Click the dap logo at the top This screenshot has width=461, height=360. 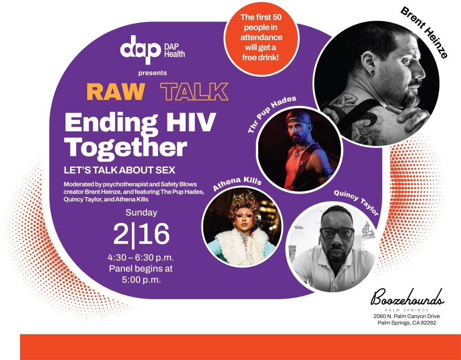point(140,49)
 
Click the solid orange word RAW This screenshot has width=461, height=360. point(116,92)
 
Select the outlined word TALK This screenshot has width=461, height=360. point(195,92)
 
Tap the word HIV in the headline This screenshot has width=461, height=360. point(191,122)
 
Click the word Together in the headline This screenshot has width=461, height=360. point(126,148)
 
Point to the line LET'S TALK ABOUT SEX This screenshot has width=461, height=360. point(119,170)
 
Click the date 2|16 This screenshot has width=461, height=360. point(142,234)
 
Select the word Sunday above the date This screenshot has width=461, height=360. point(142,212)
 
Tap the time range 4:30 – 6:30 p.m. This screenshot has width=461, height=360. point(141,258)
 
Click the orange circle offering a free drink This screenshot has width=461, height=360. point(261,38)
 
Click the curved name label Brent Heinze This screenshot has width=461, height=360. point(424,32)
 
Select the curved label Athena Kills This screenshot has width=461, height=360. point(237,183)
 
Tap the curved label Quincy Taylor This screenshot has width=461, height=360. point(356,202)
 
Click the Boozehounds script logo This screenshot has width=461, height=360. point(407,298)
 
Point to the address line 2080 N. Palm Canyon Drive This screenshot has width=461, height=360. point(407,317)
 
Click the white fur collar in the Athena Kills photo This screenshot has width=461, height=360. point(242,245)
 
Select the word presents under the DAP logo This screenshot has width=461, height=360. point(153,73)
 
